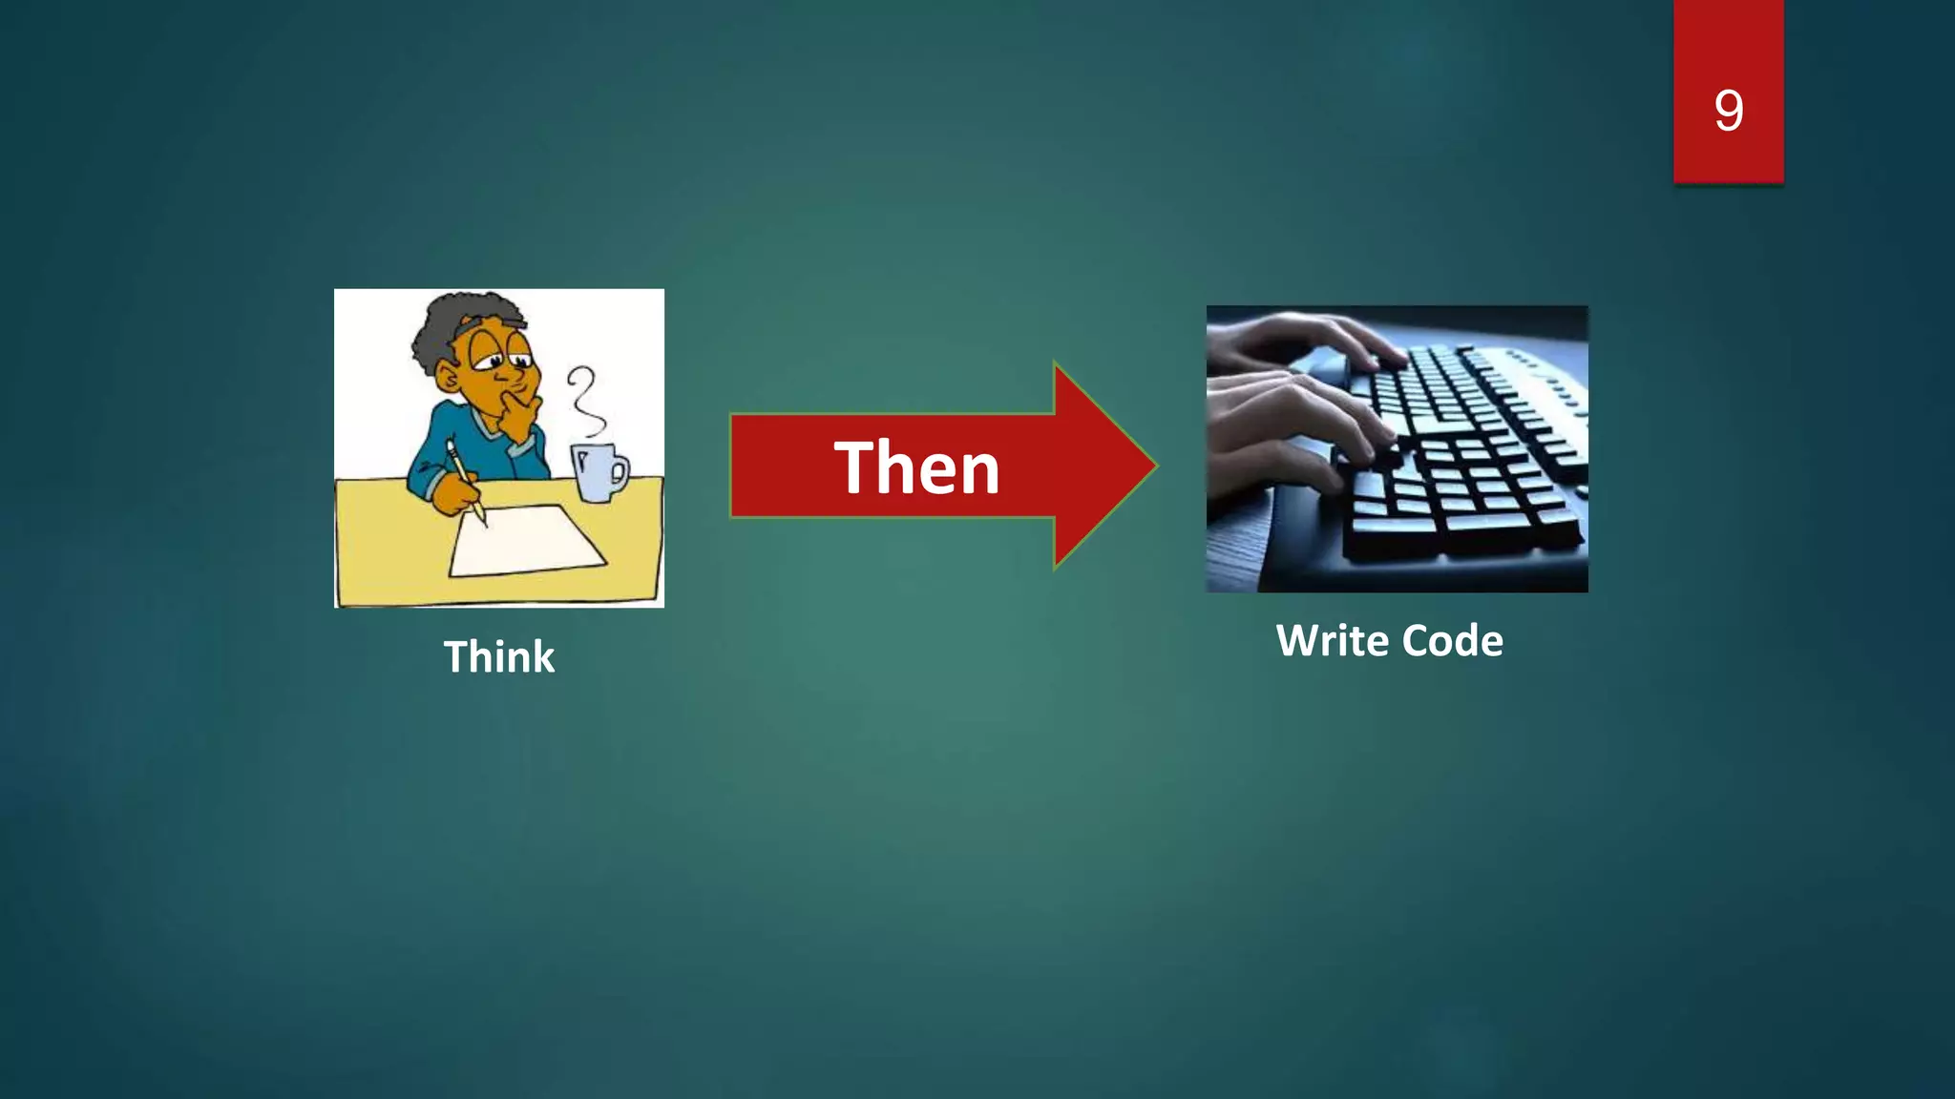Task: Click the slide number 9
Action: pos(1729,110)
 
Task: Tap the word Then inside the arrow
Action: pos(916,467)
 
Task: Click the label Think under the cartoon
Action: pos(498,657)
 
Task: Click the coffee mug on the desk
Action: pos(596,472)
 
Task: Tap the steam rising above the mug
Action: pos(585,401)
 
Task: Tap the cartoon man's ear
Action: pos(447,377)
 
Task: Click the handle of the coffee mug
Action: pos(620,471)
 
